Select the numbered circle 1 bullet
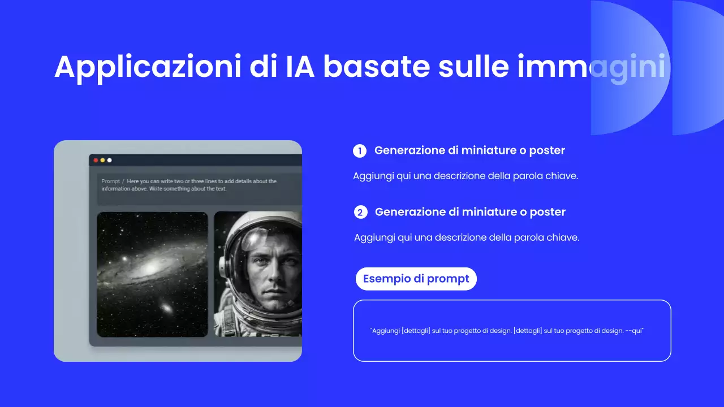pos(360,151)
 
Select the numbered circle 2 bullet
pos(360,213)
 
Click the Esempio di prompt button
pos(416,279)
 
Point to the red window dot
pos(96,161)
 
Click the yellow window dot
pos(102,161)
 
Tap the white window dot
pos(109,161)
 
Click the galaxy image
pos(152,274)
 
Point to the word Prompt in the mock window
pos(110,181)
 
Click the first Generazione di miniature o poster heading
pos(469,150)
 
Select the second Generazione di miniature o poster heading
pos(470,212)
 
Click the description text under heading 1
pos(465,176)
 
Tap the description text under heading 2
pos(466,237)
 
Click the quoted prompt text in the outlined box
pos(507,331)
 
